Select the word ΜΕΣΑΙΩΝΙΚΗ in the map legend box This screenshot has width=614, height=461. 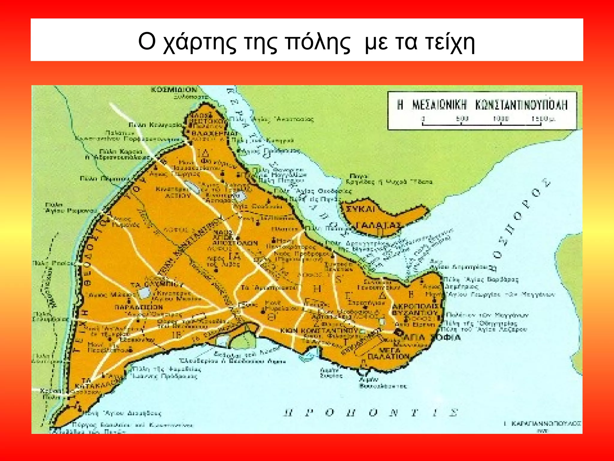440,105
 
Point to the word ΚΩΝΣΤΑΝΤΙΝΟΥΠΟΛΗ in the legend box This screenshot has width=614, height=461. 521,105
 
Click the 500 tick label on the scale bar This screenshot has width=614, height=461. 462,119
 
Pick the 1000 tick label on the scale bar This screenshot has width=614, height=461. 501,119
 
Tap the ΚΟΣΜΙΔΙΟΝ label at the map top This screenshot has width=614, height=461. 174,90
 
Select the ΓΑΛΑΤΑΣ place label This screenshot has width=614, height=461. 379,225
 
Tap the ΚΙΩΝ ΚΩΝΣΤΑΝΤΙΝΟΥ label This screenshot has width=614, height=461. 319,330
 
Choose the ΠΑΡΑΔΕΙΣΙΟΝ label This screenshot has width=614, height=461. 139,307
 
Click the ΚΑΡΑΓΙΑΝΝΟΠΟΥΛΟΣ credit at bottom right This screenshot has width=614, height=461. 546,423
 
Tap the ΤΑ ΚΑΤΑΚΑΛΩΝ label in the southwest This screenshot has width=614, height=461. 93,382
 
